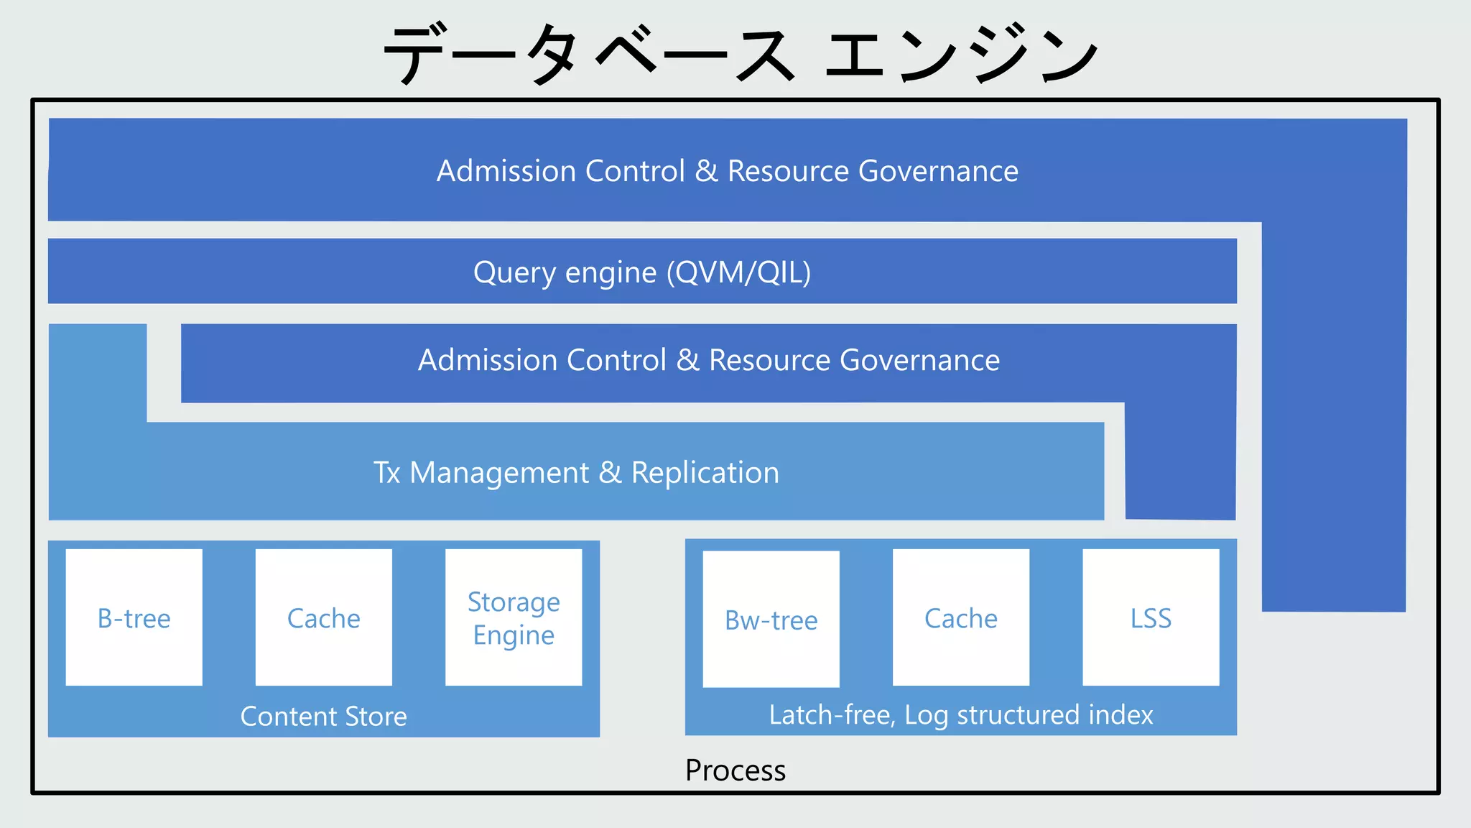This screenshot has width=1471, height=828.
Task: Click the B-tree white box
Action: click(x=134, y=617)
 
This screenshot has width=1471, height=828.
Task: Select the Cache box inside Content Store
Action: click(x=323, y=617)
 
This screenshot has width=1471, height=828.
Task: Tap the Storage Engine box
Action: click(x=514, y=617)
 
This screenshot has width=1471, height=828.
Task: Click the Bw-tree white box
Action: click(x=771, y=619)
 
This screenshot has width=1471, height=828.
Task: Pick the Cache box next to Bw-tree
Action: click(x=960, y=617)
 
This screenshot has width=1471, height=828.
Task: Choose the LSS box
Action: click(x=1151, y=617)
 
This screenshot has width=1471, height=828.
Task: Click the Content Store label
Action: click(x=323, y=716)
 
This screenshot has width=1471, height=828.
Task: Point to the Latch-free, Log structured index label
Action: click(x=960, y=714)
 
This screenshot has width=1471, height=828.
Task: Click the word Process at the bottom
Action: click(x=735, y=770)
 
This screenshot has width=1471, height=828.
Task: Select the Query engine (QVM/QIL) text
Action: click(x=641, y=272)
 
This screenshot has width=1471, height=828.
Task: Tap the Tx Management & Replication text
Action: click(x=576, y=472)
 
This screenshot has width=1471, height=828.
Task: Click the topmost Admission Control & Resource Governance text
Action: click(x=727, y=171)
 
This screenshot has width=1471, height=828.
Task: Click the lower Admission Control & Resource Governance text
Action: click(x=708, y=360)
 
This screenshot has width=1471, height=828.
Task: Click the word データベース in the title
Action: click(x=589, y=54)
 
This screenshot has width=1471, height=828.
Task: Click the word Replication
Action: click(x=705, y=472)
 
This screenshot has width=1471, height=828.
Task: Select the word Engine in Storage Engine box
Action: click(x=514, y=635)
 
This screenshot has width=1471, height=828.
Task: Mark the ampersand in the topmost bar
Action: click(x=706, y=171)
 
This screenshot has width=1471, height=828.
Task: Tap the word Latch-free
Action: click(x=832, y=714)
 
